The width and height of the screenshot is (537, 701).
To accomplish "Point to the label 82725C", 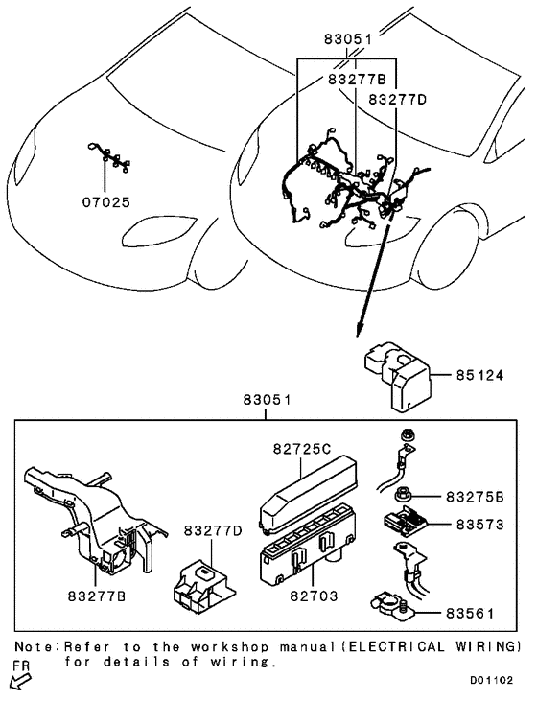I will (x=301, y=448).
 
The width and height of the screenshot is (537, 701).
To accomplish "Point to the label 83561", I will (x=476, y=611).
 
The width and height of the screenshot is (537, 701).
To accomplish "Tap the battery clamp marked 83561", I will (x=387, y=604).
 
